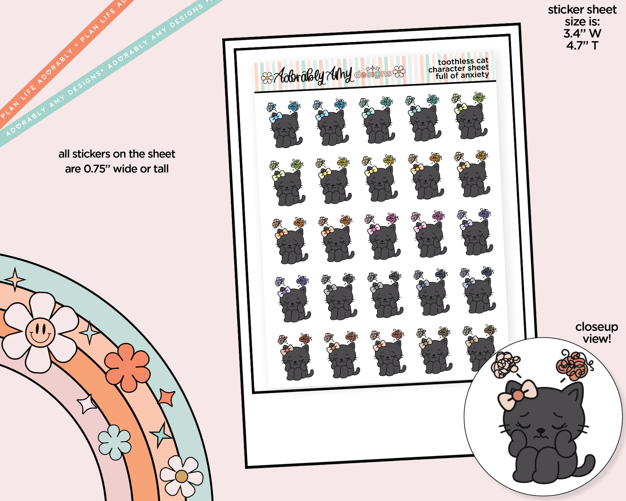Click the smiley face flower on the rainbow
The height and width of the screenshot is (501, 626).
click(x=40, y=332)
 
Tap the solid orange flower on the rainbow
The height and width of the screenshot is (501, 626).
click(x=127, y=367)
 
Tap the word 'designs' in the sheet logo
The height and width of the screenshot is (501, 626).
click(x=373, y=74)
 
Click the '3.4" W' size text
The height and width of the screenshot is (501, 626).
click(x=582, y=33)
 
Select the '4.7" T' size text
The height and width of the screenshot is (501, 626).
click(x=582, y=45)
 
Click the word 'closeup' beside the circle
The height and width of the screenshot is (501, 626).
click(x=597, y=327)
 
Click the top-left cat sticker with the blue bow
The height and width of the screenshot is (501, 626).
click(x=284, y=125)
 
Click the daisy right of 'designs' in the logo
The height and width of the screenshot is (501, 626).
click(x=399, y=71)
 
